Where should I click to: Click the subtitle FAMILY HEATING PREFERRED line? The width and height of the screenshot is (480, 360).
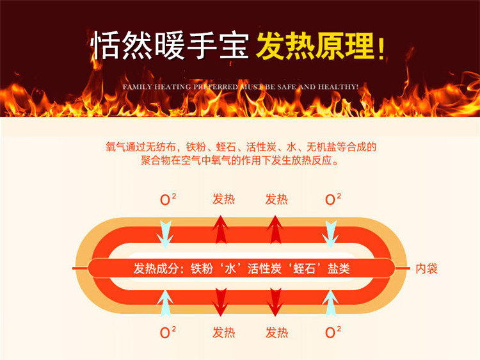click(240, 85)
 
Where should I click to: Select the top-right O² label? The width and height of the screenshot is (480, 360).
click(331, 199)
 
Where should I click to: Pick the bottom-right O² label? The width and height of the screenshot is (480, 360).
click(331, 332)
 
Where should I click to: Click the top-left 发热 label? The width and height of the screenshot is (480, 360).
click(223, 199)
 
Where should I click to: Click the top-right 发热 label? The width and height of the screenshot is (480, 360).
click(276, 199)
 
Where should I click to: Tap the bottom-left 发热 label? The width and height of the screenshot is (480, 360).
click(223, 332)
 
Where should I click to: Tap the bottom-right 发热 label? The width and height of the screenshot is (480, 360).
click(276, 332)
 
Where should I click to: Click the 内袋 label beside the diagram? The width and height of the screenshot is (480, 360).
click(426, 268)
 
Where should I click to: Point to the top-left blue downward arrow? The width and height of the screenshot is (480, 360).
click(166, 233)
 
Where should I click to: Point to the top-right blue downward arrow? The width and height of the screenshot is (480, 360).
click(330, 233)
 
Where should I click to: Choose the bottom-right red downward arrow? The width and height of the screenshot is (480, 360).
click(276, 302)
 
